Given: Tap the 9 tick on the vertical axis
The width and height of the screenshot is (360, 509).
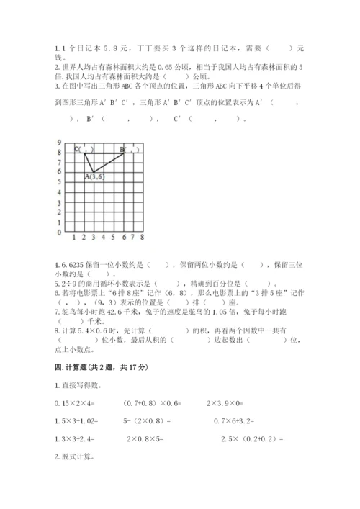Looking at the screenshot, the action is [x=60, y=143].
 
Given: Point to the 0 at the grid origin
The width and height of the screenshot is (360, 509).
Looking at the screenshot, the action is [x=60, y=233].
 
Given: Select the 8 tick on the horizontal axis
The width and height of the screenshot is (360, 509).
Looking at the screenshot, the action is [x=143, y=237].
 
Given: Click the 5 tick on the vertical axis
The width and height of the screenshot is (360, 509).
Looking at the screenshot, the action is [x=60, y=183].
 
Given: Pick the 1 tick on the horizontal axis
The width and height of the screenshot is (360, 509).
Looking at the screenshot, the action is [x=74, y=237].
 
